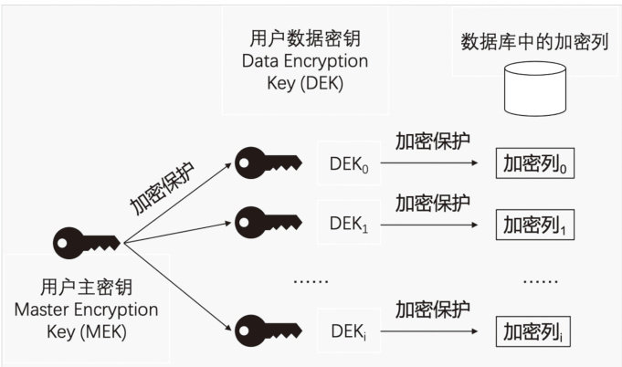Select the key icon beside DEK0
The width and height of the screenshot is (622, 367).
click(268, 163)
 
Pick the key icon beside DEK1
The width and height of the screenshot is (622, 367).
click(268, 221)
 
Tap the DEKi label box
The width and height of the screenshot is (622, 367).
click(348, 329)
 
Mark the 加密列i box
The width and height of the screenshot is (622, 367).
click(533, 330)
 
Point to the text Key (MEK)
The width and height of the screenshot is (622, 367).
click(86, 330)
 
